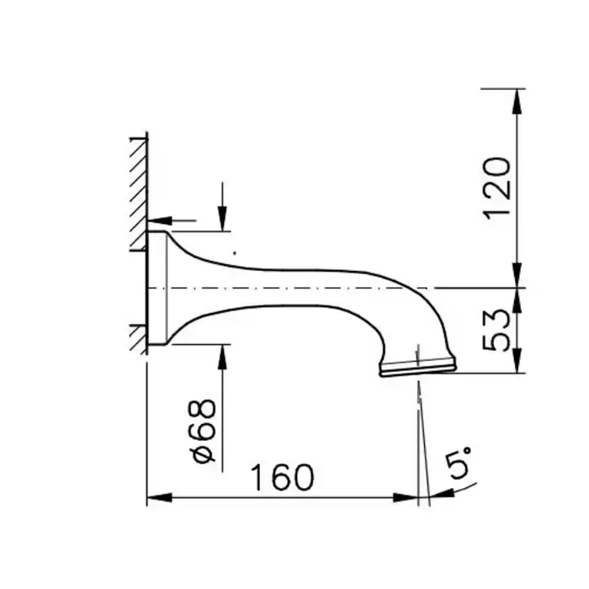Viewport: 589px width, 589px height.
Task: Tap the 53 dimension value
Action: point(497,330)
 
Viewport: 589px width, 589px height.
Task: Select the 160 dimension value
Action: point(282,477)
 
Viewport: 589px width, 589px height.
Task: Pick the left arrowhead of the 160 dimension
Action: point(159,498)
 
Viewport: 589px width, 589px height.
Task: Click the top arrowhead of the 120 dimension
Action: point(517,101)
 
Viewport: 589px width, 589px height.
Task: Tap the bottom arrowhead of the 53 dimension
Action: point(517,361)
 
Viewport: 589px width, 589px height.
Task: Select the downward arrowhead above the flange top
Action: point(222,219)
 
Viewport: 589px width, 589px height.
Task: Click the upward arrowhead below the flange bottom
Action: point(222,357)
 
